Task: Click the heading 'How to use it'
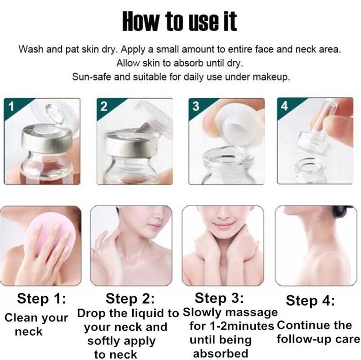pyautogui.click(x=180, y=21)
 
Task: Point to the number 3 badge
pyautogui.click(x=196, y=106)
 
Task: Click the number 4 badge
pyautogui.click(x=284, y=106)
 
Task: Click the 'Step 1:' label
pyautogui.click(x=41, y=298)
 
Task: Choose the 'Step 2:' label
pyautogui.click(x=130, y=298)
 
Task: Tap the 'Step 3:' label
pyautogui.click(x=219, y=298)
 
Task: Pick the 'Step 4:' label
pyautogui.click(x=310, y=301)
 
